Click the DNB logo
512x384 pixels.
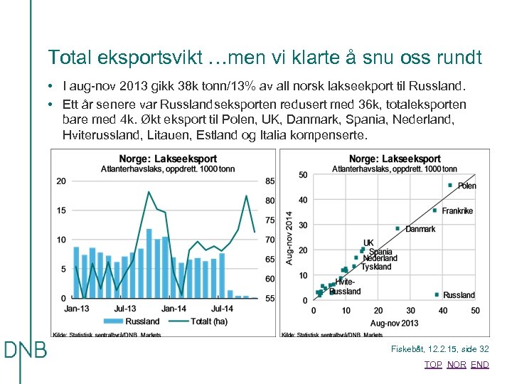coord(26,350)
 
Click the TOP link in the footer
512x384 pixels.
coord(433,365)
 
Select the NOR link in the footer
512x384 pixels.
coord(457,365)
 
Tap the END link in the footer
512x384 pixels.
coord(480,365)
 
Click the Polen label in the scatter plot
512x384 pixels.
coord(467,186)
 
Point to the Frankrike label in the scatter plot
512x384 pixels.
coord(457,211)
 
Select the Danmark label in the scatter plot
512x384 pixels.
coord(420,229)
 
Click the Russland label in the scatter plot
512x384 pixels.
coord(459,295)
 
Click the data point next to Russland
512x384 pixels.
coord(436,294)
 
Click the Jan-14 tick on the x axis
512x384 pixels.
coord(174,309)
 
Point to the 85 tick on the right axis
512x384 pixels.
coord(270,181)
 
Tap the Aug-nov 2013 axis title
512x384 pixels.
coord(395,324)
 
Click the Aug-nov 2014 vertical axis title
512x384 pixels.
coord(289,238)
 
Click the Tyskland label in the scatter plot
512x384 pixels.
coord(376,267)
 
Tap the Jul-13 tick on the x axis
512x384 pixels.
coord(125,309)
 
